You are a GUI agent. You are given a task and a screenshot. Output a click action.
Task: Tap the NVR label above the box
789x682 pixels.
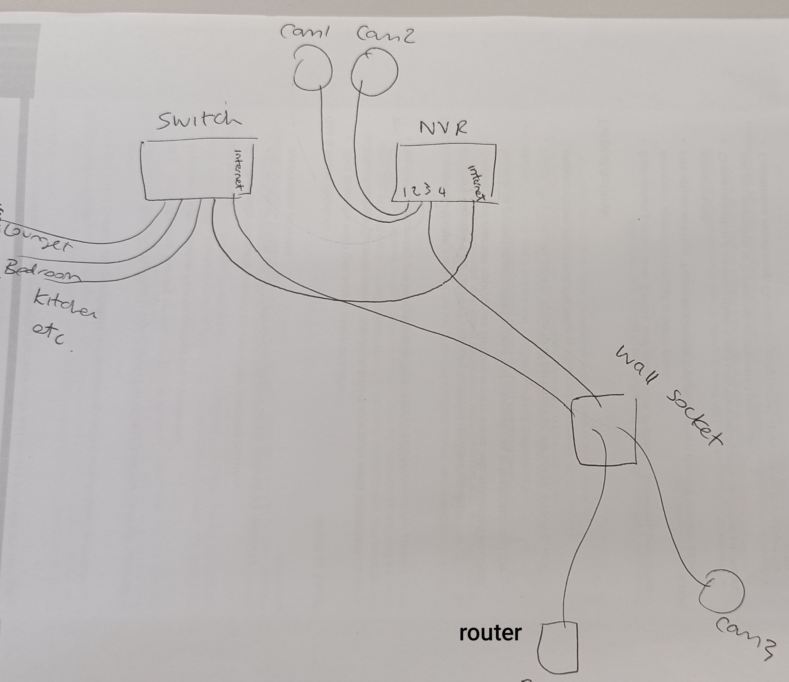[x=443, y=128]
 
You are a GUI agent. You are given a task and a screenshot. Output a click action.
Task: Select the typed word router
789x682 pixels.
[x=490, y=632]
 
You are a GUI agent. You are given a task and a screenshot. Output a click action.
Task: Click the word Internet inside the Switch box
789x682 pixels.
[x=239, y=170]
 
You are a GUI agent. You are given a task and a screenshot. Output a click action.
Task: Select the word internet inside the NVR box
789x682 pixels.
[x=477, y=182]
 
